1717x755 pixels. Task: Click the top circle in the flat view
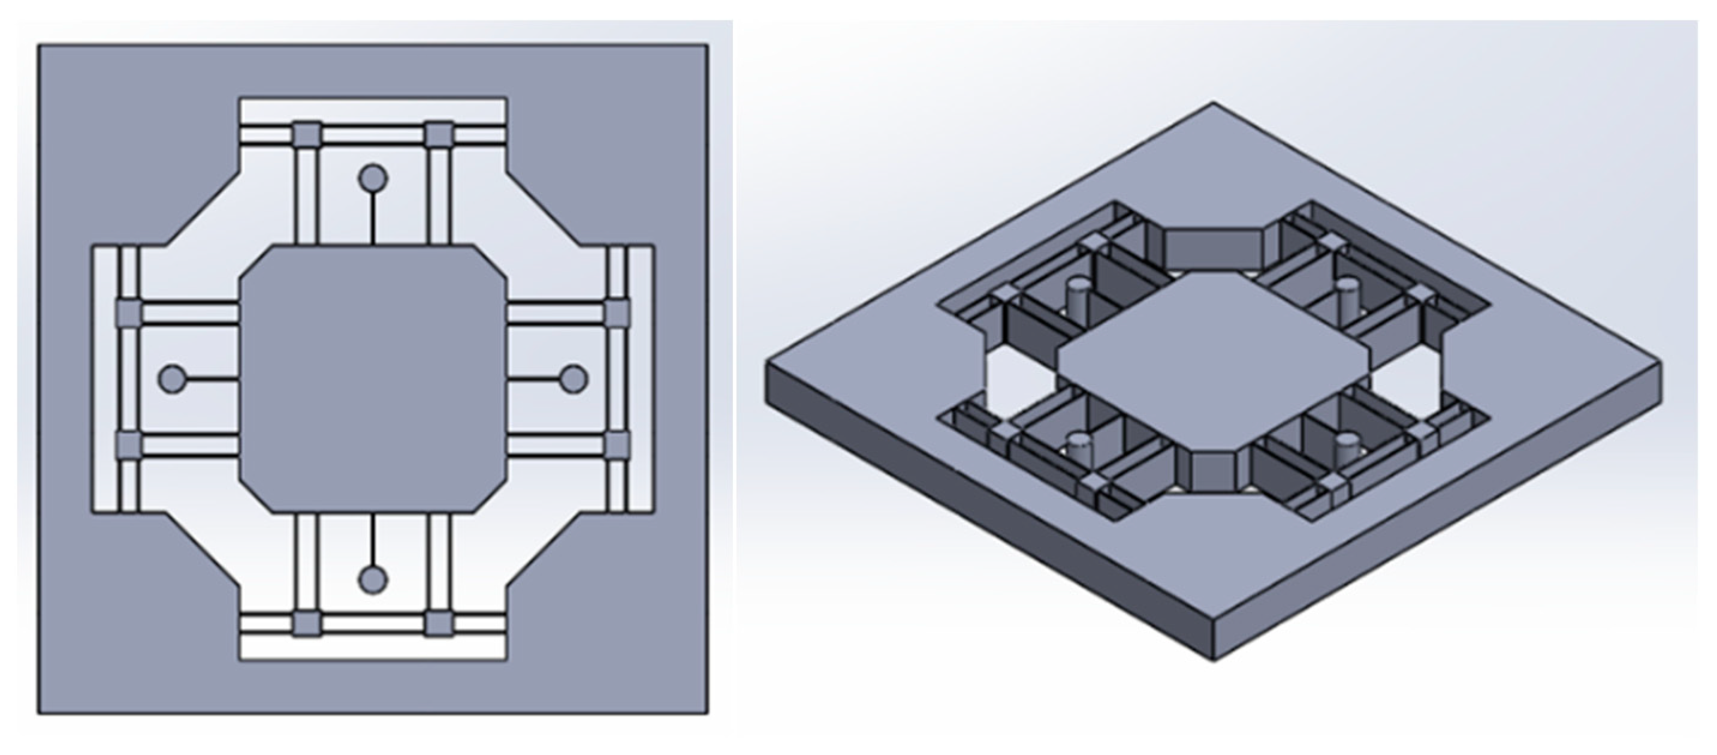pos(373,178)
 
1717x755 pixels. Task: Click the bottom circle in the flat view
pos(373,579)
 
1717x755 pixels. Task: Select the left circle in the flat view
pos(172,380)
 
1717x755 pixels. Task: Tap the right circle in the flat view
pos(573,380)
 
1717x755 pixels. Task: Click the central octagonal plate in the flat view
pos(373,380)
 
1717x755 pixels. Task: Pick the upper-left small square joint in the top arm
pos(307,136)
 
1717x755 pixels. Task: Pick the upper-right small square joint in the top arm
pos(439,136)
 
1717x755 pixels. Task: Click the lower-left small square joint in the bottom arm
pos(307,624)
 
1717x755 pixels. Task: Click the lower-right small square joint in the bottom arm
pos(439,624)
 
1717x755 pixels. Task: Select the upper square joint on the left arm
pos(129,313)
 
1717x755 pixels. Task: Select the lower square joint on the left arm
pos(129,445)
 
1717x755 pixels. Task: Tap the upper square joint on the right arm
pos(617,313)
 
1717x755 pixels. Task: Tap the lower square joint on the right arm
pos(617,445)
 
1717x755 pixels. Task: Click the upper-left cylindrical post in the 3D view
pos(1076,295)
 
